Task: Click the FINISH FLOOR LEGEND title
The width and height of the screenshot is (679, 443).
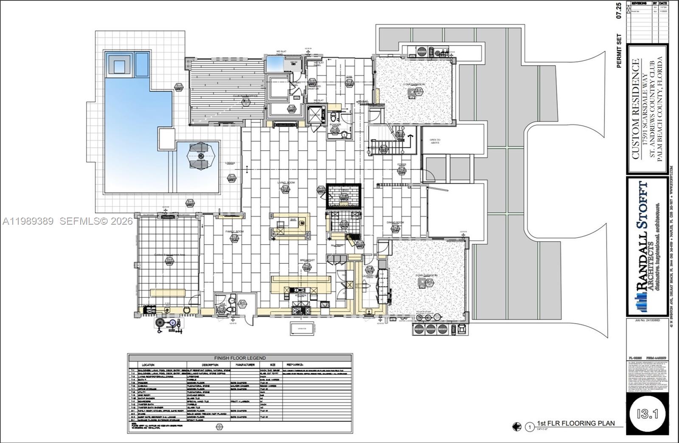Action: tap(240, 358)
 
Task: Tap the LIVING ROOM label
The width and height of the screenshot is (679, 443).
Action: tap(286, 183)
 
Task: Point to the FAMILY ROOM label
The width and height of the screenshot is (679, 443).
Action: tap(234, 231)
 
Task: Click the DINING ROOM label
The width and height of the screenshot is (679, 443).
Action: tap(395, 222)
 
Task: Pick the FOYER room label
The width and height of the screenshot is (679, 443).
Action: tap(401, 164)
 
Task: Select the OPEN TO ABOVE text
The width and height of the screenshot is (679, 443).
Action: tap(435, 141)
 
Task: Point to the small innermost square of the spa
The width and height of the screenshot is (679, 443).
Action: tap(120, 66)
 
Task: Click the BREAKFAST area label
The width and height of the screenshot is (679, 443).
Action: tap(307, 260)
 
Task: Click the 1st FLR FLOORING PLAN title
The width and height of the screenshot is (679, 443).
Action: tap(575, 423)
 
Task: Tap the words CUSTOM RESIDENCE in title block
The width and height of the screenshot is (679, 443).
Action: tap(635, 109)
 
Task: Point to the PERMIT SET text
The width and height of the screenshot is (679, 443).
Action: tap(619, 51)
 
